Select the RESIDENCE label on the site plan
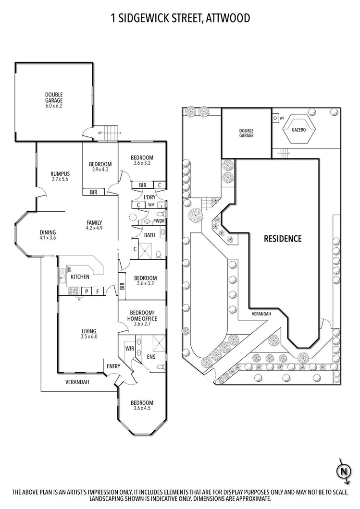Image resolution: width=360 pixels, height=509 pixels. coord(282,239)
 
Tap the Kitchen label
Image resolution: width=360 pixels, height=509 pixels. coord(80,277)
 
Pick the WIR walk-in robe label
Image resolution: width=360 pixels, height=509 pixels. coord(129,348)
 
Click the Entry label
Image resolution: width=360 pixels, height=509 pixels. coord(113,367)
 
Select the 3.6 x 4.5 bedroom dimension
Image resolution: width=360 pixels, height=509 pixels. coord(142,409)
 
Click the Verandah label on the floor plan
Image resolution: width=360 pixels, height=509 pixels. coord(77,382)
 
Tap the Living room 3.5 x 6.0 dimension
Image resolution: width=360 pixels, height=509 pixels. coord(89,337)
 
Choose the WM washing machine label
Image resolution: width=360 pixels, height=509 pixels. coord(151,205)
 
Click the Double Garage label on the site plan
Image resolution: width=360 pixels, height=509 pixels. coord(246,133)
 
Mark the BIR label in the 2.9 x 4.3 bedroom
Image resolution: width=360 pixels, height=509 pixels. coord(94,192)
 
